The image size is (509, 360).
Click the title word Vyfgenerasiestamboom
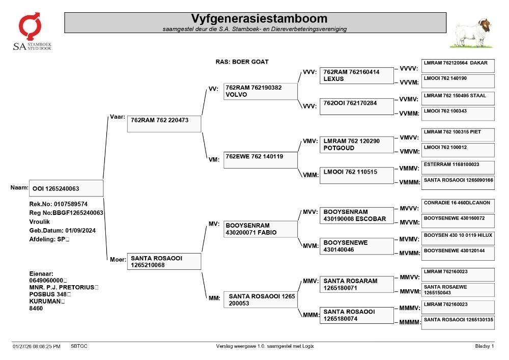pos(259,18)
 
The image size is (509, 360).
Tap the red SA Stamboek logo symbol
pos(30,26)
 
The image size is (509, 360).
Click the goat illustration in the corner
pos(471,33)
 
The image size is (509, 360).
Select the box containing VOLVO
pos(260,91)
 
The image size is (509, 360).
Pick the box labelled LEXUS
pos(357,76)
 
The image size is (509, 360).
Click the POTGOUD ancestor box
pos(357,145)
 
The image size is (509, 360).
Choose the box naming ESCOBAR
pos(357,215)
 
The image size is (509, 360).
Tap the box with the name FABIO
pos(260,229)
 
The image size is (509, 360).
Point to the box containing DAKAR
pos(458,66)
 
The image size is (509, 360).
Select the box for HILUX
pos(458,238)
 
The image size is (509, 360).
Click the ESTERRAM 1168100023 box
pos(458,168)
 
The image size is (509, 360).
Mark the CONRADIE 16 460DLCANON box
pos(458,206)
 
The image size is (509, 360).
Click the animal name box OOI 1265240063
pos(66,188)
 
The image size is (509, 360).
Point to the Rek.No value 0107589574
pos(71,204)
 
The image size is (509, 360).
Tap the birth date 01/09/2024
pos(80,231)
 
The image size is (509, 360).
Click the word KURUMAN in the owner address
pos(45,301)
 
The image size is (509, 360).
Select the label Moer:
pos(118,259)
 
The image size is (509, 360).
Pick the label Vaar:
pos(118,117)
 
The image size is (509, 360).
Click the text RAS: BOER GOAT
pos(242,62)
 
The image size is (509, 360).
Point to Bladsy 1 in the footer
pos(485,346)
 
